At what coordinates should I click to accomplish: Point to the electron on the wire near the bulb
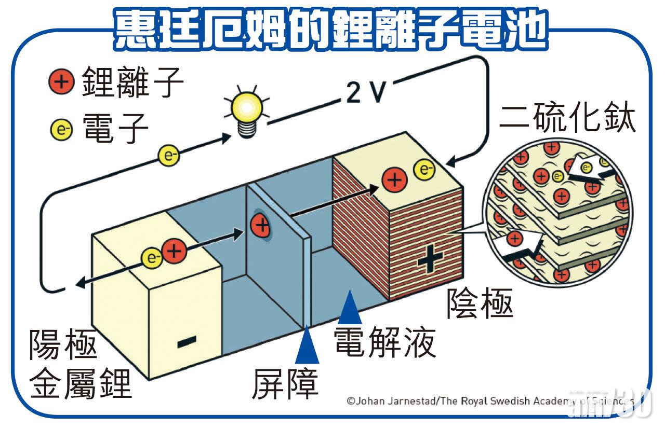tap(169, 155)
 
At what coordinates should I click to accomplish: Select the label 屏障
tap(286, 384)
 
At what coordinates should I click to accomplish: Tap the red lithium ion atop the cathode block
tap(396, 179)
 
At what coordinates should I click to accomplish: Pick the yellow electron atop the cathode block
tap(424, 169)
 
